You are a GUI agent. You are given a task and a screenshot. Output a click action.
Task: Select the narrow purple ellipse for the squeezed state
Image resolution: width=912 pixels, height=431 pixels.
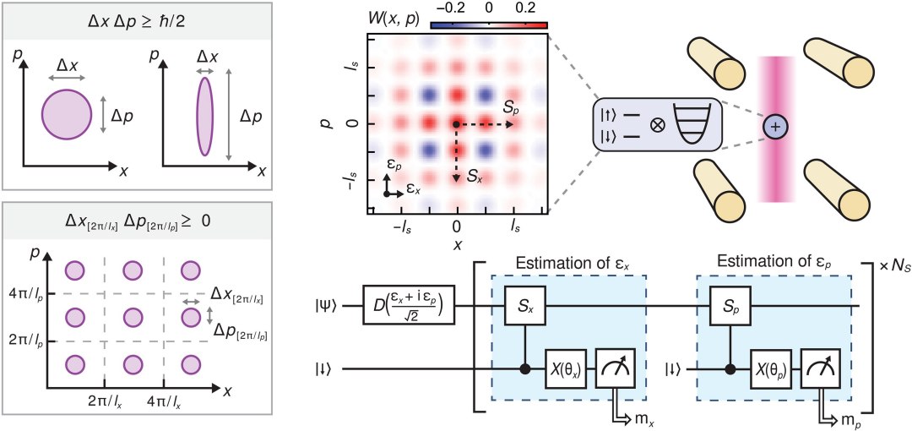(x=203, y=115)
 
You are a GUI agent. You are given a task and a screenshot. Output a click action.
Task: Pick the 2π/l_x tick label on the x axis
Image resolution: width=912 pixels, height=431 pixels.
(x=105, y=402)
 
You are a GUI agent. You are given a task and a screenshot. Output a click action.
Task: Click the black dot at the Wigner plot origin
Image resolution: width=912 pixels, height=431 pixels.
(x=456, y=124)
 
